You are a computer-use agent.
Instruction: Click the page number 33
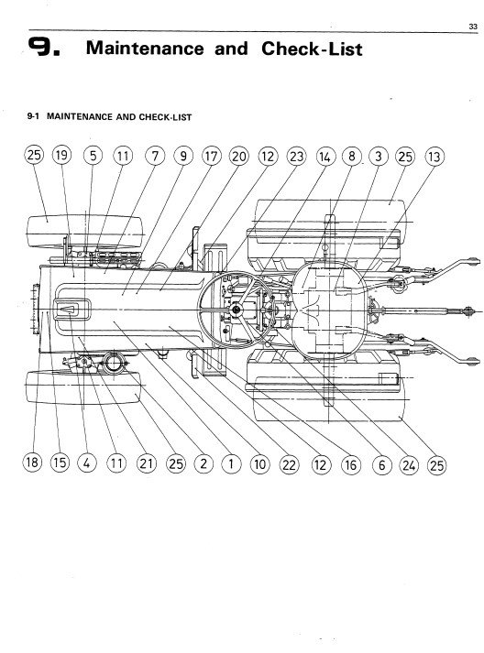click(473, 27)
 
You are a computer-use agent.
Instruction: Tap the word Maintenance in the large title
click(145, 48)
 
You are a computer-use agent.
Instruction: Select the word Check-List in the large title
click(312, 49)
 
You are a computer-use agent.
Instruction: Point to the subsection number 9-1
click(33, 116)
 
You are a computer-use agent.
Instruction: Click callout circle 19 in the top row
click(61, 156)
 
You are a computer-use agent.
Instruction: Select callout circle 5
click(93, 156)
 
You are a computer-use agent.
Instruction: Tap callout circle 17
click(211, 157)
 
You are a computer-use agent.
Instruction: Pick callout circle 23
click(296, 157)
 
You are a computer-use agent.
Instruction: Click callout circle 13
click(434, 157)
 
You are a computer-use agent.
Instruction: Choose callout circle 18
click(32, 463)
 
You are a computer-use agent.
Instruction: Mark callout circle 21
click(146, 463)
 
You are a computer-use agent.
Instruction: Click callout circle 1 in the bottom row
click(231, 463)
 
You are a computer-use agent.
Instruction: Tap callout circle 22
click(289, 464)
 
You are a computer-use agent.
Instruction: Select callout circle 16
click(350, 464)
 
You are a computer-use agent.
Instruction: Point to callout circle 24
click(409, 464)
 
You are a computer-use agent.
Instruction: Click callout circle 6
click(381, 464)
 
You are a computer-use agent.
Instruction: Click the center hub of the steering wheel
click(236, 310)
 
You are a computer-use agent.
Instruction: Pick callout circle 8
click(351, 157)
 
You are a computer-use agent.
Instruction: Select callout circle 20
click(238, 157)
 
